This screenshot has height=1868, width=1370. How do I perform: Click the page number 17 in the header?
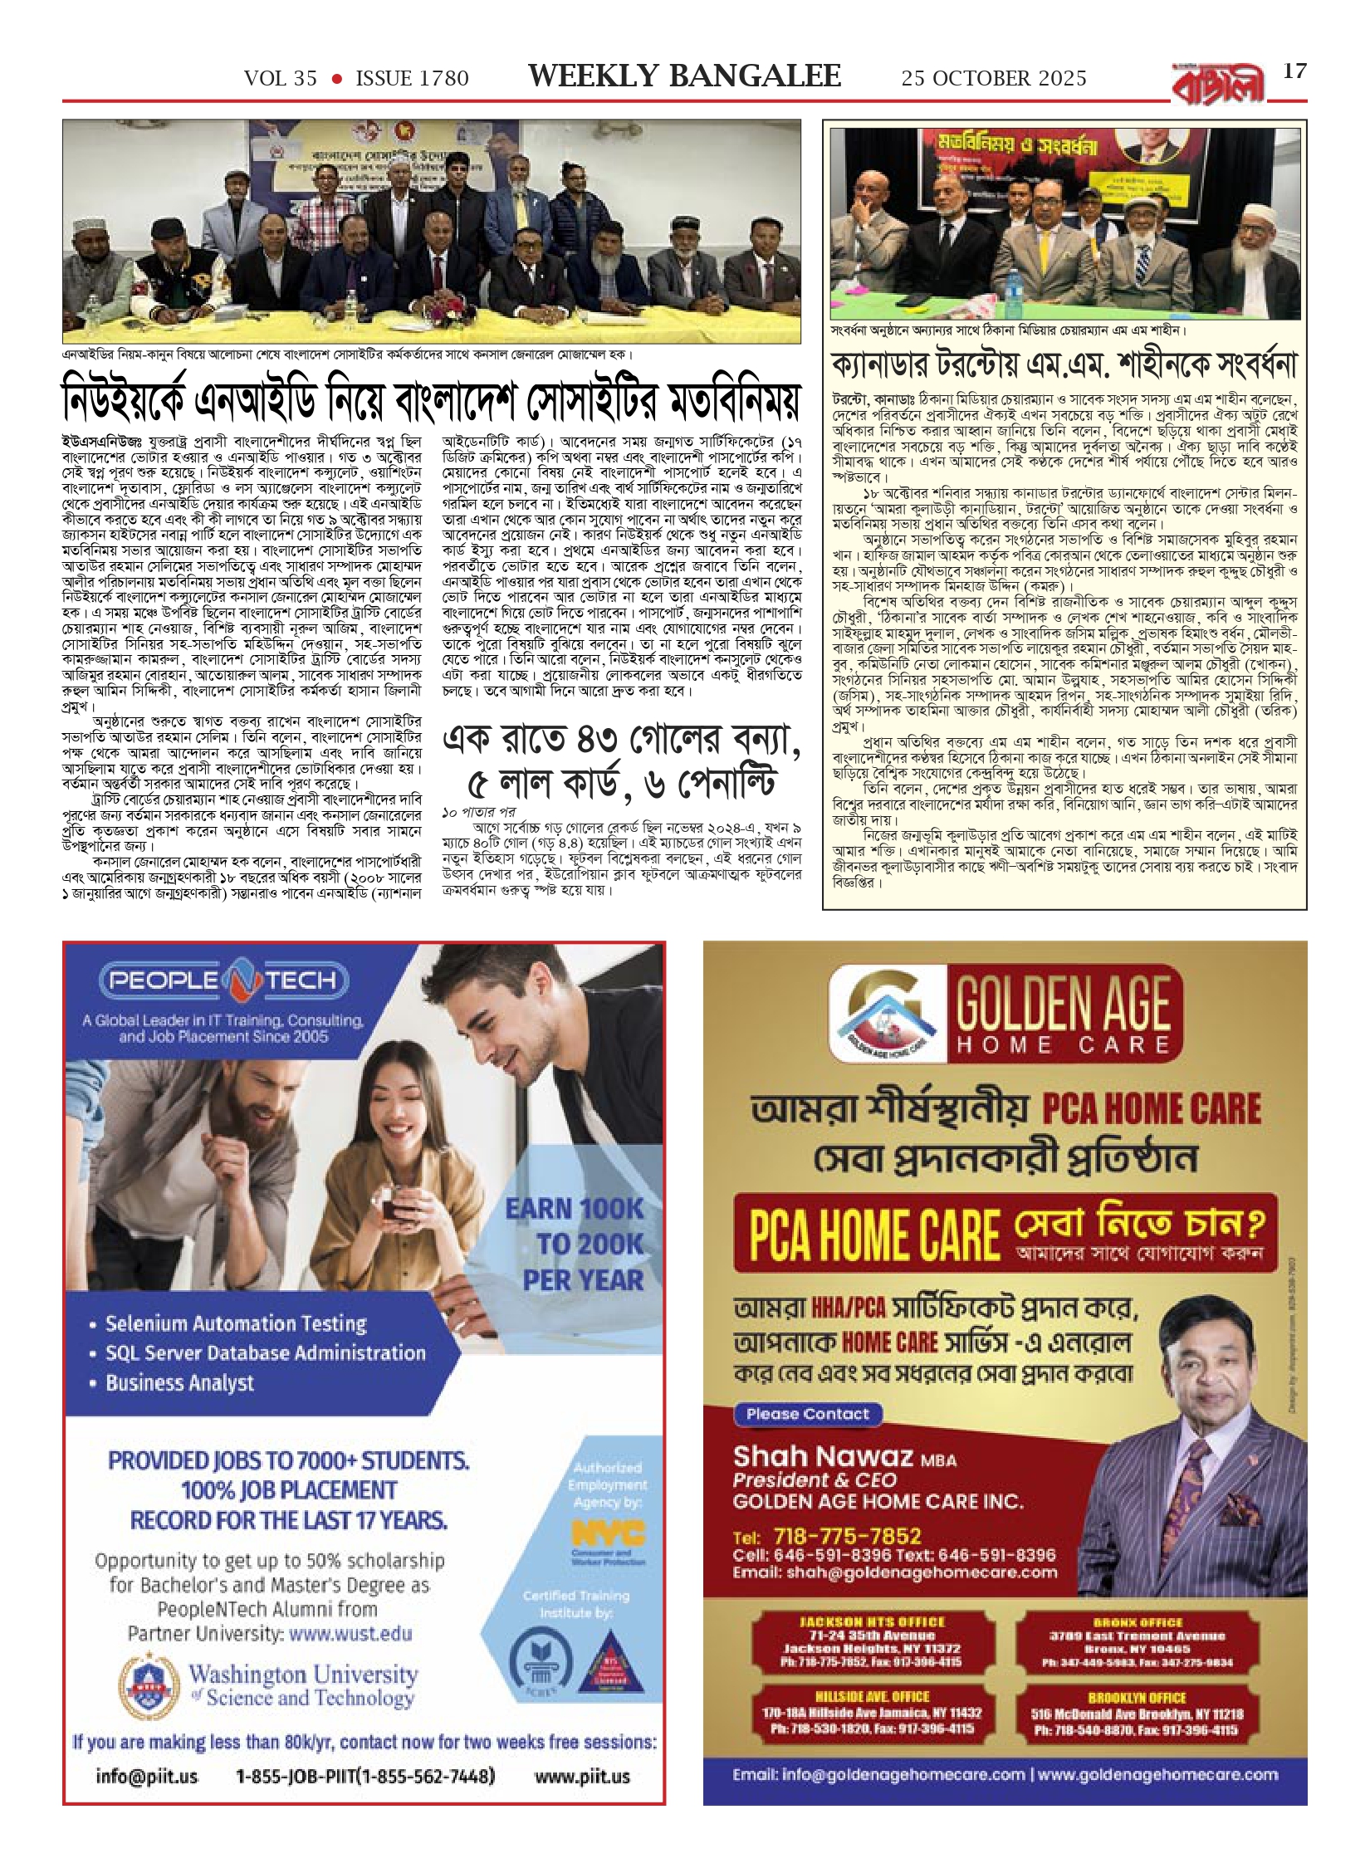coord(1294,71)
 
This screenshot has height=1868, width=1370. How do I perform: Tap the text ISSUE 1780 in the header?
coord(412,79)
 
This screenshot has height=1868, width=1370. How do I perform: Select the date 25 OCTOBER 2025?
coord(994,79)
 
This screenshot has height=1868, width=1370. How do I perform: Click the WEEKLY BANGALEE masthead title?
coord(684,76)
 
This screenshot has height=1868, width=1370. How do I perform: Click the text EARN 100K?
coord(575,1209)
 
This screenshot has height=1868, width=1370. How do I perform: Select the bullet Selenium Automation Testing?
coord(236,1323)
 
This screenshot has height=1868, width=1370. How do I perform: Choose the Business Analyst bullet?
coord(179,1383)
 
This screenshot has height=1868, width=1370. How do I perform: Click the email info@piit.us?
coord(147,1776)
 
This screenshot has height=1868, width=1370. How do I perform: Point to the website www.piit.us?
coord(582,1776)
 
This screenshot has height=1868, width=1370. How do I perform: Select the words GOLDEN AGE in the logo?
coord(1064,1005)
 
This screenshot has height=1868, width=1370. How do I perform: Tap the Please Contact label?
coord(807,1414)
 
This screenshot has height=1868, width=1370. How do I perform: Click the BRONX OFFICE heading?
coord(1137,1621)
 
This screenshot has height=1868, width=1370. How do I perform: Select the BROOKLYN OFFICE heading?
coord(1137,1698)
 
